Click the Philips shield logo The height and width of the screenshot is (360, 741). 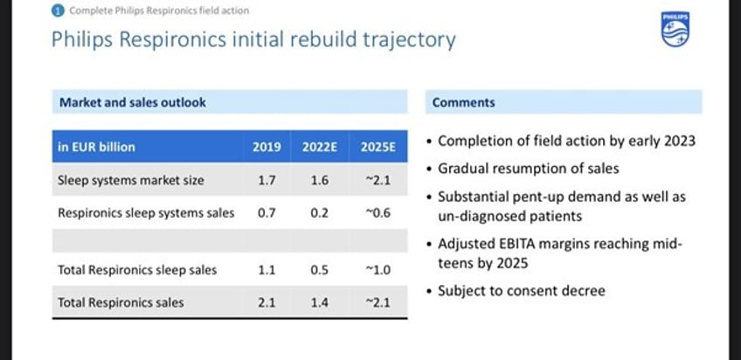click(x=675, y=31)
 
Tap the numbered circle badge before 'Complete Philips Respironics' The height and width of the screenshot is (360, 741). click(x=58, y=10)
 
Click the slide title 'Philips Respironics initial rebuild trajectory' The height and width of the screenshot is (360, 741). click(x=253, y=39)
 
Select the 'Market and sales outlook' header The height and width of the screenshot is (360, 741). click(x=133, y=102)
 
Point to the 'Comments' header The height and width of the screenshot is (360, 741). click(x=464, y=102)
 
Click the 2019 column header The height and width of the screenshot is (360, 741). click(x=267, y=147)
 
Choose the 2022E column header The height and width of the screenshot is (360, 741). click(x=320, y=147)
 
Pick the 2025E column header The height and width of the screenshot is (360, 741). click(x=377, y=147)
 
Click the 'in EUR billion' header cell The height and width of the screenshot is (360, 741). click(x=96, y=147)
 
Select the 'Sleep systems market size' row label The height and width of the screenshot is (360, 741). click(x=131, y=181)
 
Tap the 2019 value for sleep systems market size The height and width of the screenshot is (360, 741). click(x=267, y=181)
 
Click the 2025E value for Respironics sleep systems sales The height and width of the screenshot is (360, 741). click(x=377, y=212)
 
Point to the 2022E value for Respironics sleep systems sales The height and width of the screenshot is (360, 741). click(x=320, y=212)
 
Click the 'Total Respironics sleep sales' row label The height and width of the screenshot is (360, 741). click(x=137, y=270)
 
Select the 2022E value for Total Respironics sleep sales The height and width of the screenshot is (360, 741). click(x=320, y=270)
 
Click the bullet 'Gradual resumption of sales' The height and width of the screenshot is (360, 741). click(x=528, y=169)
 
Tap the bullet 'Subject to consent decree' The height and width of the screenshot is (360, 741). click(x=521, y=290)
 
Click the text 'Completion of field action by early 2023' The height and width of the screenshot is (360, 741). click(x=566, y=141)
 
